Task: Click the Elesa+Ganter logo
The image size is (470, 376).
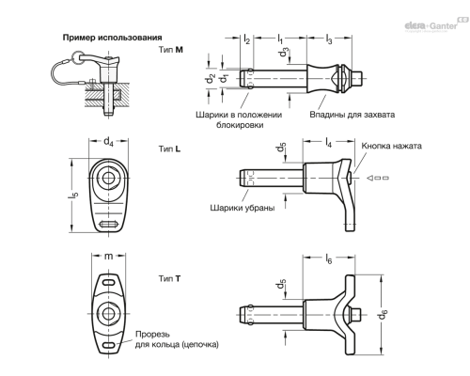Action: point(436,24)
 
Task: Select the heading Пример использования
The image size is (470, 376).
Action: point(113,38)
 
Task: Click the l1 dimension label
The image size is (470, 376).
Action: point(280,39)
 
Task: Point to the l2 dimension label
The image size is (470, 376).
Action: point(246,39)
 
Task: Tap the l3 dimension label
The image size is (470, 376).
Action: point(329,39)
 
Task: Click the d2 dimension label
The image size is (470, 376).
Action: point(211,78)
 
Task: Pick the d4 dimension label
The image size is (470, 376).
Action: point(108,141)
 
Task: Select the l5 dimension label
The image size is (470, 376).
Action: point(73,195)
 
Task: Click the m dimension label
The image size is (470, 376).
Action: point(108,256)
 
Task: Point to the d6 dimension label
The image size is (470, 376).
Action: point(383,314)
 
